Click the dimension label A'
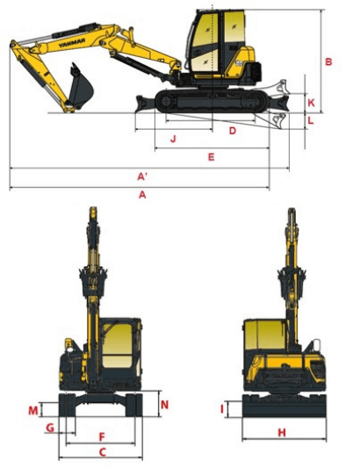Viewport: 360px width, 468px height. tap(142, 176)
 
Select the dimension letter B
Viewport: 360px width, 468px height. tap(328, 61)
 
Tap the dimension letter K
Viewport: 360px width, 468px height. tap(311, 103)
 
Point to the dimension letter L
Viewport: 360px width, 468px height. tap(311, 121)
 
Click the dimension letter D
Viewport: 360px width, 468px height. tap(232, 131)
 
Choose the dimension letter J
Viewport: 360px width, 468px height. tap(174, 139)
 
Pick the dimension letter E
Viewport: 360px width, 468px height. tap(211, 156)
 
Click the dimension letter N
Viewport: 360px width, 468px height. tap(164, 405)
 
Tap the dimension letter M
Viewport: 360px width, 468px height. tap(33, 410)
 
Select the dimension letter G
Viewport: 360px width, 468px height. tap(50, 428)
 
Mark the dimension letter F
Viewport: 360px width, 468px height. tap(102, 437)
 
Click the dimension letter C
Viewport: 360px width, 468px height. tap(103, 452)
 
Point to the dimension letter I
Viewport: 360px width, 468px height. tap(222, 409)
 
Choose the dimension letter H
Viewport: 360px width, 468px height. tap(282, 432)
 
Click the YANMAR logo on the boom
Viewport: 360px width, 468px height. tap(72, 43)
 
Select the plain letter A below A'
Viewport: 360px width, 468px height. tap(142, 195)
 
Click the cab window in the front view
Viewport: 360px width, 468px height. tap(117, 346)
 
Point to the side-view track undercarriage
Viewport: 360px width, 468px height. tap(212, 101)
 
